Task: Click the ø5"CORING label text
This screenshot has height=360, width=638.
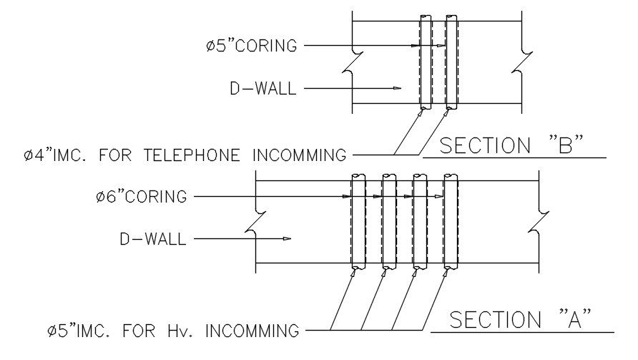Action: coord(250,46)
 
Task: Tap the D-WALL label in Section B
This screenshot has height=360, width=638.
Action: coord(262,89)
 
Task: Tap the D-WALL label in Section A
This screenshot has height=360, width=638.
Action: coord(152,239)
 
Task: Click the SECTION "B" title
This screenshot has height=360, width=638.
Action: coord(512,146)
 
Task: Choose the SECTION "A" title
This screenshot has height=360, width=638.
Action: coord(521,320)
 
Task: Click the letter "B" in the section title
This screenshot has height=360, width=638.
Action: coord(565,146)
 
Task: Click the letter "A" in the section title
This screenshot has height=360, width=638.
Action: coord(574,320)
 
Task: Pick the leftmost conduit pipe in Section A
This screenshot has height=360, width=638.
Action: coord(358,221)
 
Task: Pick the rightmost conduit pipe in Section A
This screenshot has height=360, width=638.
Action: coord(451,221)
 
